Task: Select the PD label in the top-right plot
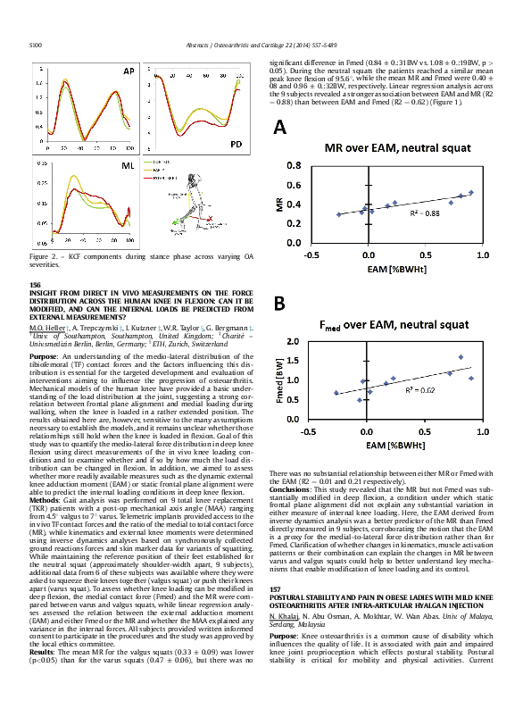coord(235,144)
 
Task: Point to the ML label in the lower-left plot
coord(128,167)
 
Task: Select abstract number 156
coord(36,284)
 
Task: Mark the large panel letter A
coord(280,128)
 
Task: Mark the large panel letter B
coord(279,304)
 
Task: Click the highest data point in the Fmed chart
coord(461,357)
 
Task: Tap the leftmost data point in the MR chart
coord(338,214)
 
